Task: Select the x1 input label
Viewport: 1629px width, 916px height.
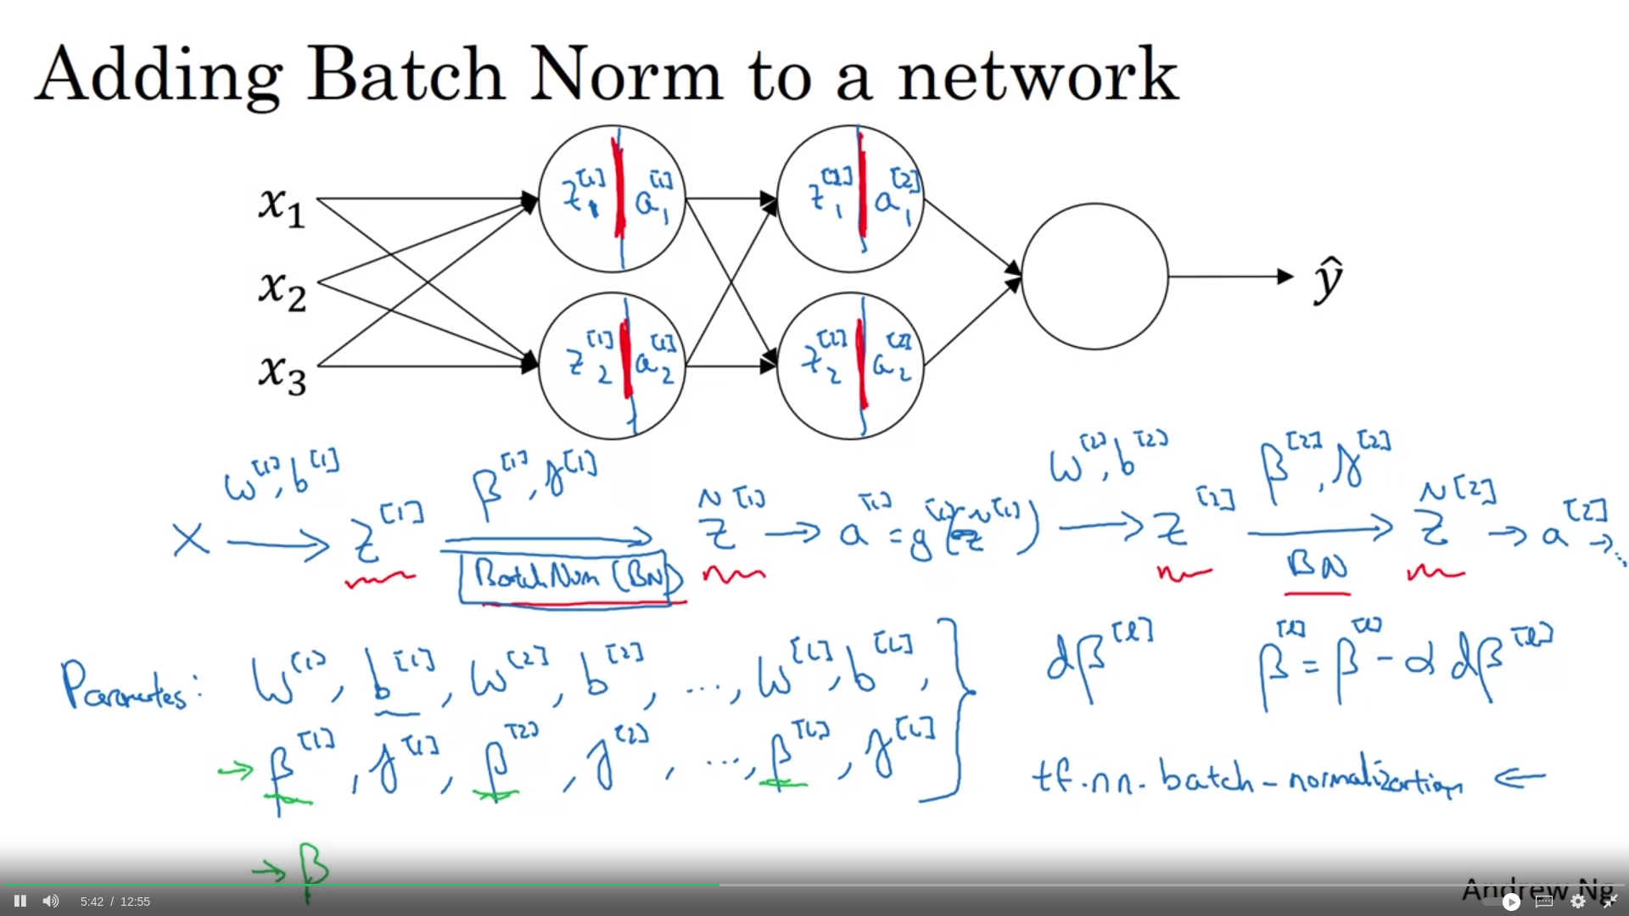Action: click(x=282, y=205)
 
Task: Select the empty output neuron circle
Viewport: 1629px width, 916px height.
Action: click(x=1094, y=276)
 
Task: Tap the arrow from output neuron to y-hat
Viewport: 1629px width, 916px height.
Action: click(x=1230, y=276)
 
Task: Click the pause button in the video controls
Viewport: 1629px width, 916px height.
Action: click(x=20, y=901)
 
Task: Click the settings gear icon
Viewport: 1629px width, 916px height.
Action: click(x=1578, y=901)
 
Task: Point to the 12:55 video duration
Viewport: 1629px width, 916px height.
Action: click(x=135, y=902)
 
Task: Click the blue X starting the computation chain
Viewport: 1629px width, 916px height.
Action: click(x=191, y=539)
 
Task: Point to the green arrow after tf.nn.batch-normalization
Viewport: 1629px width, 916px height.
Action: click(x=1520, y=777)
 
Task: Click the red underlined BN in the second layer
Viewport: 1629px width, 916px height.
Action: click(x=1317, y=565)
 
